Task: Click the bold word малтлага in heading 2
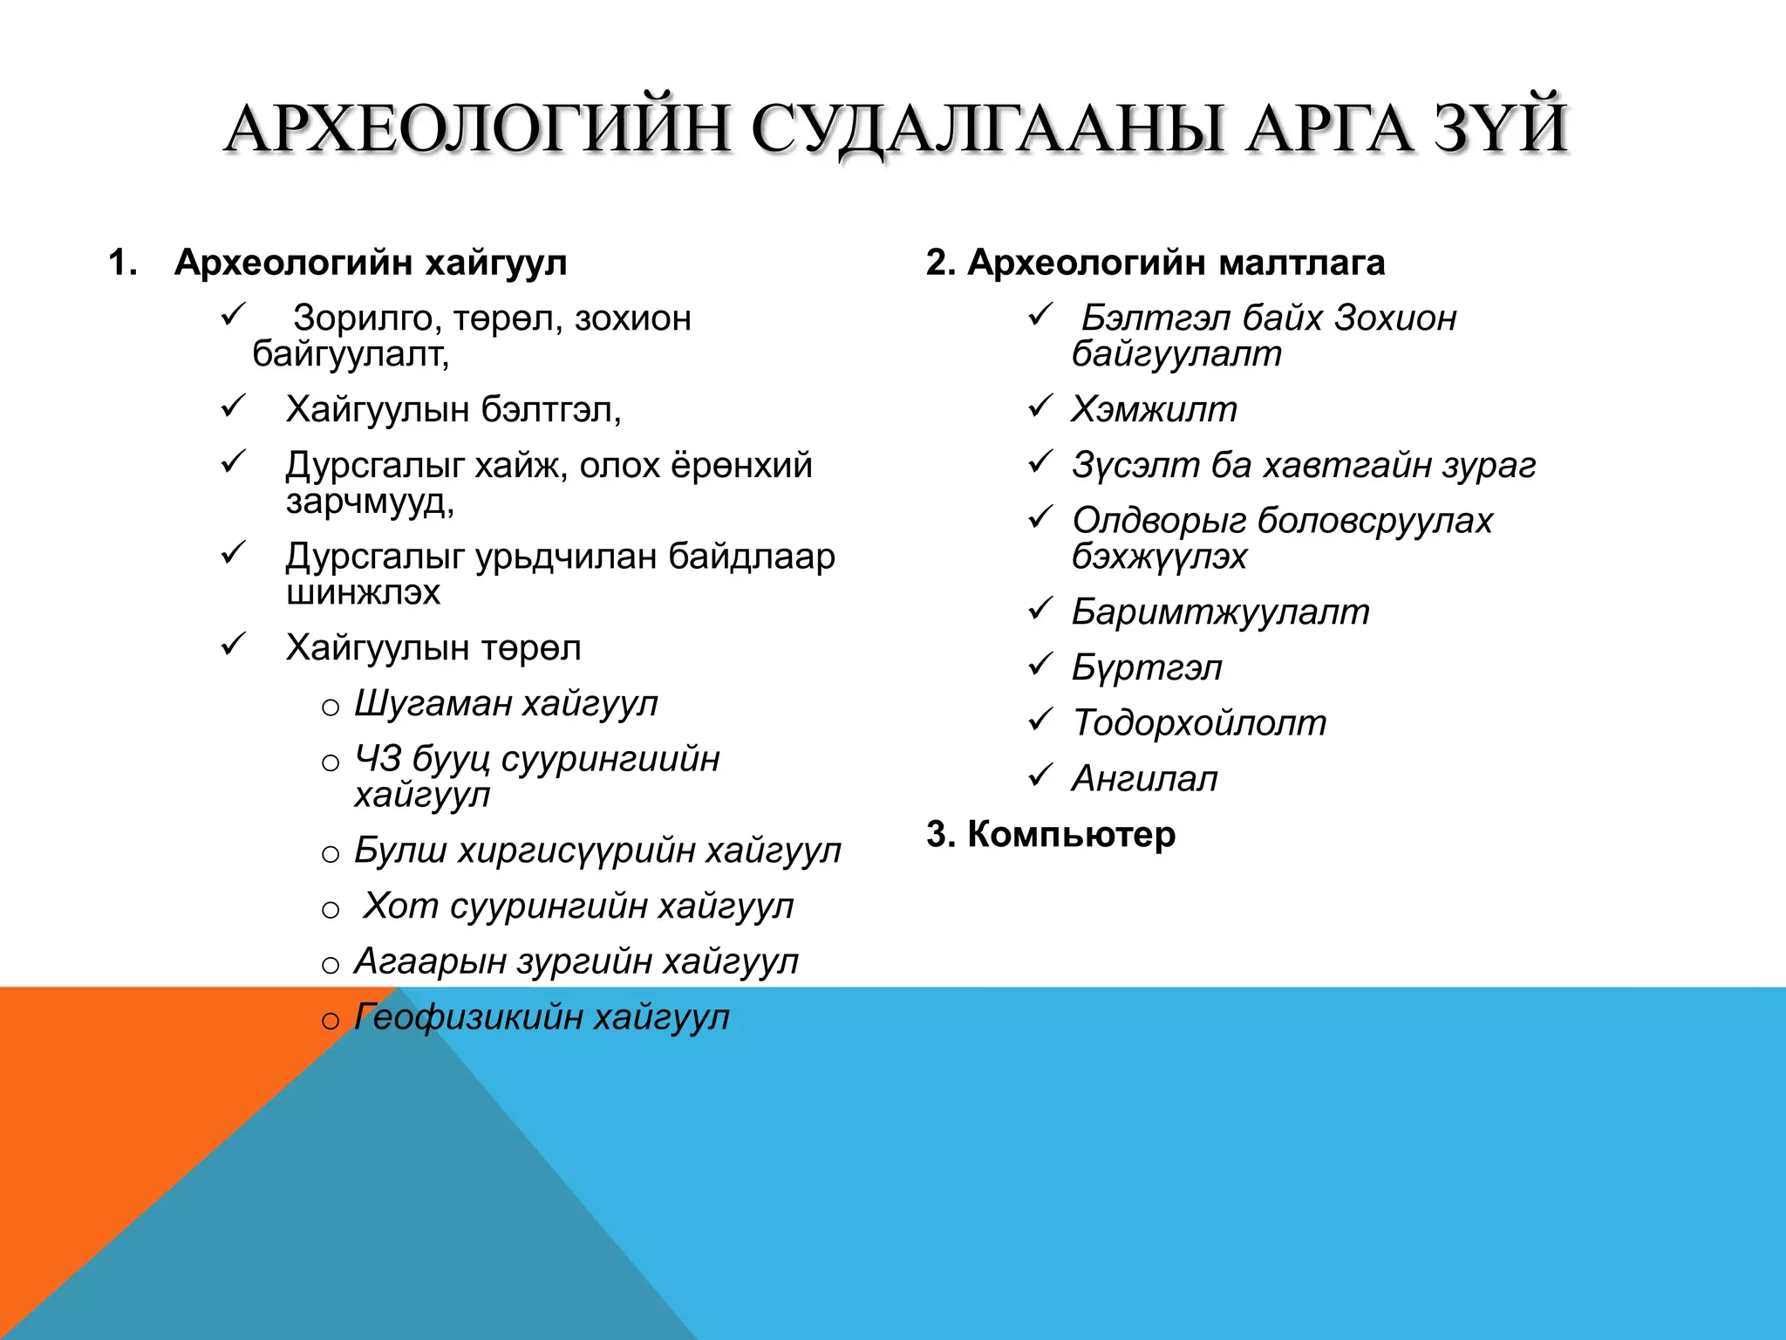(x=1301, y=263)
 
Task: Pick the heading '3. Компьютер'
(x=1051, y=834)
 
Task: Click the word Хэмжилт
(x=1154, y=409)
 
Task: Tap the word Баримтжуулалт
(x=1220, y=612)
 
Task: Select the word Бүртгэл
(x=1147, y=668)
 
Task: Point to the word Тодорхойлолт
(x=1199, y=723)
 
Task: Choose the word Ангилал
(x=1144, y=779)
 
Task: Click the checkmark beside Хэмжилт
(x=1040, y=406)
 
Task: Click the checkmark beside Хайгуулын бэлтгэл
(x=234, y=406)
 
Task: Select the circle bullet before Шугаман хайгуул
(x=331, y=708)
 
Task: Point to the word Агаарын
(x=430, y=961)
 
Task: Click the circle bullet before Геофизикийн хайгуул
(x=331, y=1021)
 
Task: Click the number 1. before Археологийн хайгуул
(x=123, y=263)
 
